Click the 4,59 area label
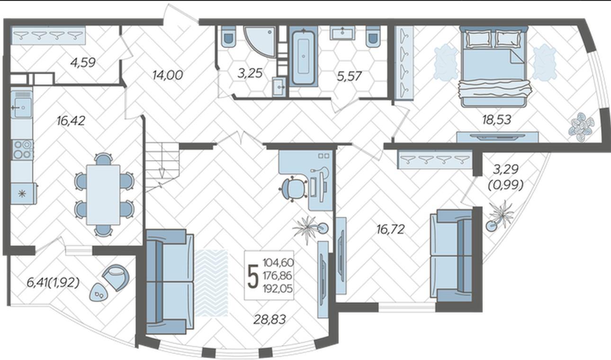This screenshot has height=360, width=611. pos(83,63)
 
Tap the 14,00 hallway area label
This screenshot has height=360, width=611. pos(168,75)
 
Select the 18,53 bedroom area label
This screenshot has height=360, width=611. pos(496,119)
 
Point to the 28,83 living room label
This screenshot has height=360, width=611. pos(270,319)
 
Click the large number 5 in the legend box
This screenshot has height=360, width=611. pos(252,276)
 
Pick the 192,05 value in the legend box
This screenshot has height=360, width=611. pos(278,288)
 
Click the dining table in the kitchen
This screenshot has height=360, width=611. pos(103,195)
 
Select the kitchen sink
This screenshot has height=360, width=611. pos(22,108)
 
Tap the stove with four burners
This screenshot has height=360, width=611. pos(23,150)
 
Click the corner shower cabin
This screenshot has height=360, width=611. pos(261,41)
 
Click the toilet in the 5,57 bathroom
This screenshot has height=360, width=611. pos(373,37)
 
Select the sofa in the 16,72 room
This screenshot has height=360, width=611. pos(451,255)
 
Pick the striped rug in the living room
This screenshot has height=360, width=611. pos(211,283)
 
